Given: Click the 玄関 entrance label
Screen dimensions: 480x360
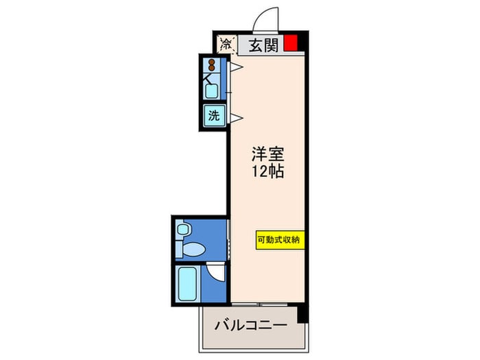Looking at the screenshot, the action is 263,45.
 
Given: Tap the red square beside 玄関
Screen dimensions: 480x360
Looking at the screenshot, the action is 291,43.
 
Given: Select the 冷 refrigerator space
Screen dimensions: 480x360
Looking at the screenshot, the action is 227,45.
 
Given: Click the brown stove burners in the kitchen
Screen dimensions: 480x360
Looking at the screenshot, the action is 211,64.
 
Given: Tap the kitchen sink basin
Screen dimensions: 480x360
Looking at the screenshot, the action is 211,91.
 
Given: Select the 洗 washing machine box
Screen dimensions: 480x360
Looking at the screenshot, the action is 214,115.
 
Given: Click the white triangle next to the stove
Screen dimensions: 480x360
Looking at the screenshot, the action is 237,67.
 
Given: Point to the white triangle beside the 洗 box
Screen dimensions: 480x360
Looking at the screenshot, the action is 237,117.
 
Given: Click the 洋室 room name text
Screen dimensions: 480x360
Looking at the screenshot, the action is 268,154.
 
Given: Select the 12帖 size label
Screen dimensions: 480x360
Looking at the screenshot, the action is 268,171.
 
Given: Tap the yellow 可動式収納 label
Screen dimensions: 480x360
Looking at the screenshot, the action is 280,240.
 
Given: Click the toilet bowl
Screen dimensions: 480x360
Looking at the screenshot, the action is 193,249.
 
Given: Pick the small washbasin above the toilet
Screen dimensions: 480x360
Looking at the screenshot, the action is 183,229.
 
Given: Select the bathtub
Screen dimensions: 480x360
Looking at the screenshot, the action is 187,283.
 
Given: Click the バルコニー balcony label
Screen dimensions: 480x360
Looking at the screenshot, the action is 251,325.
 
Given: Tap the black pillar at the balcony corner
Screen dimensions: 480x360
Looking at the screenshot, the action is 302,313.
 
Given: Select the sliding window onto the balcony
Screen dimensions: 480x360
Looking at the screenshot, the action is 260,304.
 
